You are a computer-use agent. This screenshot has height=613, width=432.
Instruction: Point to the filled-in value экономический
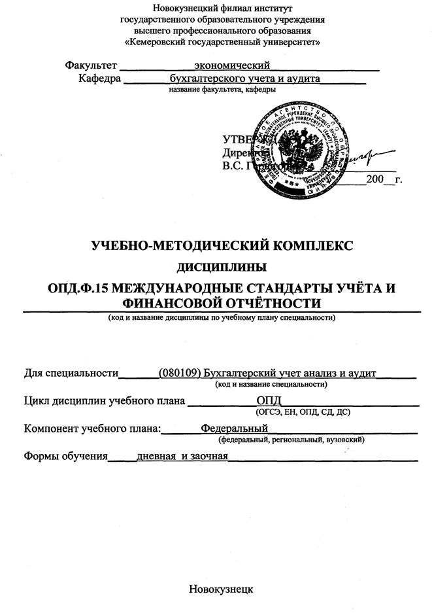[232, 65]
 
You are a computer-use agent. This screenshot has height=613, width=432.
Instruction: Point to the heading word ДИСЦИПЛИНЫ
[222, 267]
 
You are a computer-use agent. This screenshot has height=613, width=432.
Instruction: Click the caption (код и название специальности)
[271, 384]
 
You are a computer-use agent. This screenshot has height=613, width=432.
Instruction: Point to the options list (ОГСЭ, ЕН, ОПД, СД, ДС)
[303, 412]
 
